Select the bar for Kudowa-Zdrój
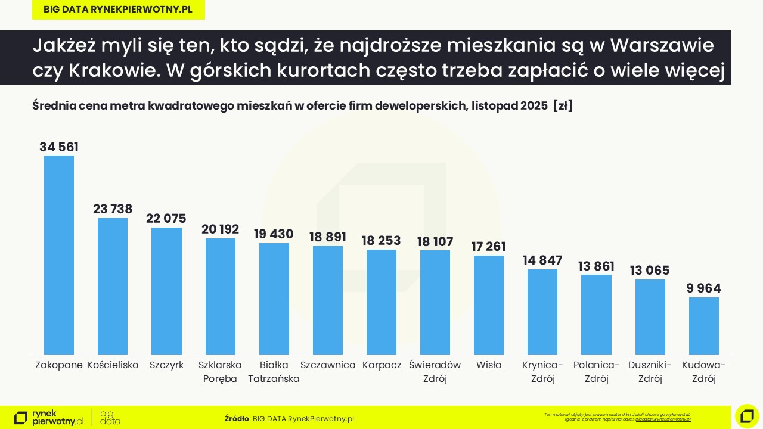tap(703, 326)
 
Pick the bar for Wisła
tap(489, 305)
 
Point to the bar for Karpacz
tap(381, 302)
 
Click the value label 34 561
tap(59, 147)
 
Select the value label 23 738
tap(113, 209)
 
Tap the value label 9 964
tap(703, 288)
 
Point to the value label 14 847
tap(542, 260)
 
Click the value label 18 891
tap(327, 237)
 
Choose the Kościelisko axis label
tap(113, 365)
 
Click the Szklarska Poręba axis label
tap(220, 371)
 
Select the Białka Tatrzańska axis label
tap(274, 371)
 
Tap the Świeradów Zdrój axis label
tap(435, 371)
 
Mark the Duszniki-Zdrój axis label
tap(650, 371)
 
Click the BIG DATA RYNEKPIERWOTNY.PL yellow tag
tap(118, 10)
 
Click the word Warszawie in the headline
tap(662, 45)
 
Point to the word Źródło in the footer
tap(237, 418)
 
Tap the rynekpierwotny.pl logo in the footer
tap(49, 418)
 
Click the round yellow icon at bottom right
tap(747, 416)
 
